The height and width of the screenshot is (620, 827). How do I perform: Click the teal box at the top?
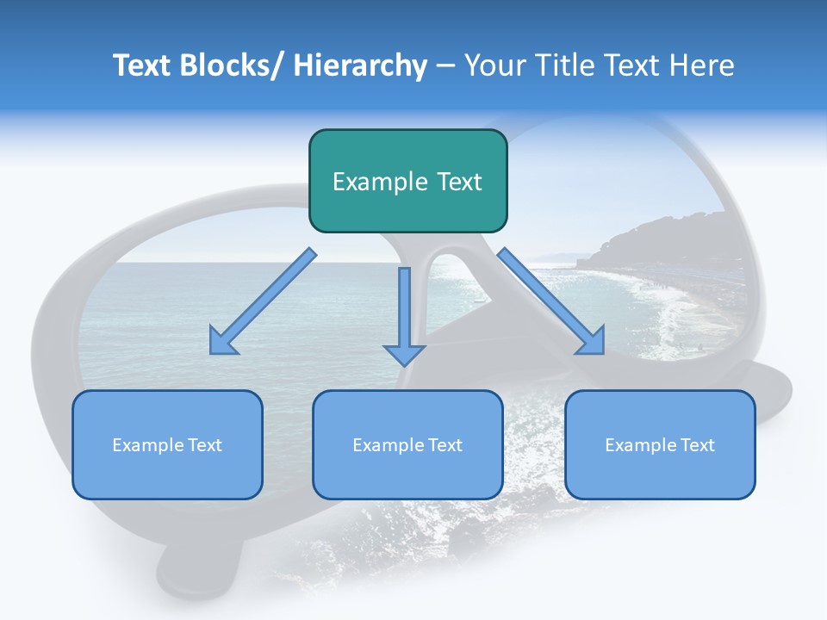click(407, 181)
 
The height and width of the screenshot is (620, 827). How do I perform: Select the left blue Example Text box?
click(167, 444)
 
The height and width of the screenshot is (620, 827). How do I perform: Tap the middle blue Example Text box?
click(407, 444)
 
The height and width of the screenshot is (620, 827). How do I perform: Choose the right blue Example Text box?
click(660, 444)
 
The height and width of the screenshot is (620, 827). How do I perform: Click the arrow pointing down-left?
click(263, 301)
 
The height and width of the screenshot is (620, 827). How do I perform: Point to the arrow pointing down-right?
click(551, 301)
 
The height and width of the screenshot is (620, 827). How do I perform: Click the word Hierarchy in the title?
click(360, 65)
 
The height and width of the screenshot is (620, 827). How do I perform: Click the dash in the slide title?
click(445, 66)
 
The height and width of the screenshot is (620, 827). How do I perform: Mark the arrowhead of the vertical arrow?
click(404, 354)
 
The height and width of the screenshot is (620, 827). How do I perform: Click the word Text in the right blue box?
click(698, 444)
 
